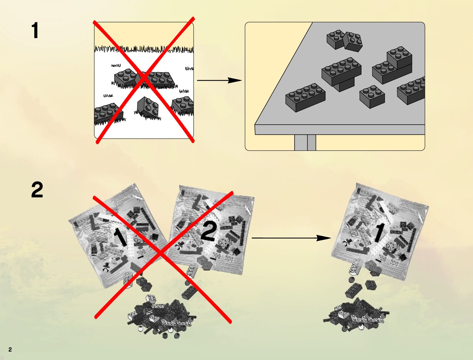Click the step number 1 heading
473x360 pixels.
coord(35,31)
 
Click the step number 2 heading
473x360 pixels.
coord(37,190)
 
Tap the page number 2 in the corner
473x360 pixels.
coord(10,350)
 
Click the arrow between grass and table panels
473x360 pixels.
coord(219,80)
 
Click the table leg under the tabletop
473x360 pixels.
coord(305,142)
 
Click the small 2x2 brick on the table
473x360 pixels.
coord(372,96)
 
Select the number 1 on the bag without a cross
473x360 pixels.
coord(378,233)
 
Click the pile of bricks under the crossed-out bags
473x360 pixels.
coord(160,316)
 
